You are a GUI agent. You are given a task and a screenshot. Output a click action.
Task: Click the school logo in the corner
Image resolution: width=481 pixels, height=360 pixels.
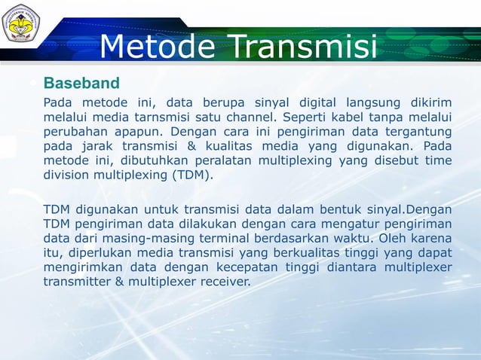click(22, 25)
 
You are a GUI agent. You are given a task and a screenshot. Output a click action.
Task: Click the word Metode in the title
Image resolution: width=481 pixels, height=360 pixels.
click(159, 47)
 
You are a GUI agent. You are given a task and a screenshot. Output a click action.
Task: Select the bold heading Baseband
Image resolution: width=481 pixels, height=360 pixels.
click(81, 81)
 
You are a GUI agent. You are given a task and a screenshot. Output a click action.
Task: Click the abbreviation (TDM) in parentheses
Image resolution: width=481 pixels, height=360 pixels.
click(193, 175)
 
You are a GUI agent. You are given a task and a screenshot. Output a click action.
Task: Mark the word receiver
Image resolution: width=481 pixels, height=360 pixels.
click(222, 282)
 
